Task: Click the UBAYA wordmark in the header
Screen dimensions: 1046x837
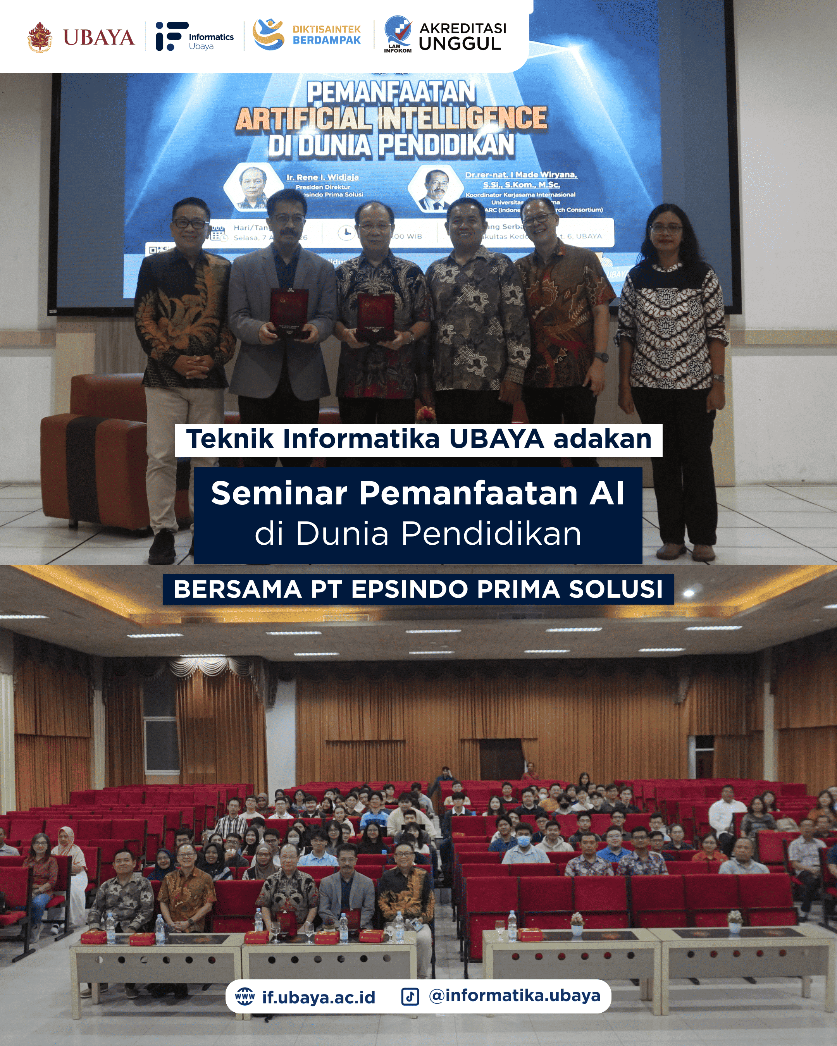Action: point(98,37)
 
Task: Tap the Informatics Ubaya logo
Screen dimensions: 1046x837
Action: point(194,36)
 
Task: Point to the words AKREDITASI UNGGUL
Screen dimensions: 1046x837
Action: point(462,36)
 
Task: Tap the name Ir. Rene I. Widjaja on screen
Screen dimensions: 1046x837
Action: point(322,177)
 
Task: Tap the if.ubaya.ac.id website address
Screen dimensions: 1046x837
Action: point(318,998)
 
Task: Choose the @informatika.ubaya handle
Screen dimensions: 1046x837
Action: point(514,996)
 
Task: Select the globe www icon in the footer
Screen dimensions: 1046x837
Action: point(245,997)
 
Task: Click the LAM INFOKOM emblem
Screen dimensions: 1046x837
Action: point(398,34)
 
